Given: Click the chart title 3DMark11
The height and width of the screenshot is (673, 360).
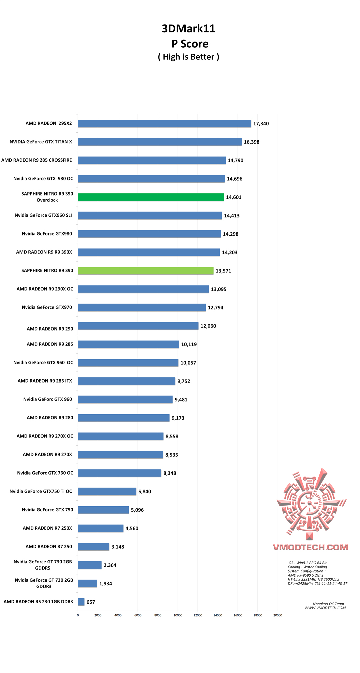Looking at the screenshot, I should (188, 29).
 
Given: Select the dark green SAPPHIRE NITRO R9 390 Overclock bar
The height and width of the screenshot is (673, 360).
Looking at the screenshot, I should (151, 197).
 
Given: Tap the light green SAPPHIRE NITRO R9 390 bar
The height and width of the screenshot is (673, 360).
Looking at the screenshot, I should (146, 271).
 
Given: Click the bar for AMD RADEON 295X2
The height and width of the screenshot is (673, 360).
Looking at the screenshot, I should (164, 124).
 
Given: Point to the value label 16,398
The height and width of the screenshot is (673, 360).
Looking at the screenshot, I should (251, 142).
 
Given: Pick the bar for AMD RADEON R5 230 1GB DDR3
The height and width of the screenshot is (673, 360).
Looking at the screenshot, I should (81, 602).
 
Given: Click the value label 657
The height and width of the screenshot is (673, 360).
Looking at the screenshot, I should (91, 602).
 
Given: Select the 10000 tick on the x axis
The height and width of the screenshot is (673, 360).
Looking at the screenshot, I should (178, 615).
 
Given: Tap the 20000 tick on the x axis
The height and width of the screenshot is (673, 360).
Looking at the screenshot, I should (278, 615).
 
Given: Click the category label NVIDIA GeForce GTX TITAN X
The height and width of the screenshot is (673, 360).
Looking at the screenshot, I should (41, 142).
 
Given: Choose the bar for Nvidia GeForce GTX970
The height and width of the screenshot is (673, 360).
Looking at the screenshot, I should (142, 307).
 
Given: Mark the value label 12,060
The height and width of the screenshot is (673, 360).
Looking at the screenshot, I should (208, 326).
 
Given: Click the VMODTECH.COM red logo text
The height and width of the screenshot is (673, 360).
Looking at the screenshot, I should (310, 547).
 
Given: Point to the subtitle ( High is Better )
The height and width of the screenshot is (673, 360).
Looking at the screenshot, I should (188, 57).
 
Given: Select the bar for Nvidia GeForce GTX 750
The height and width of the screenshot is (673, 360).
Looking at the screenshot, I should (103, 510).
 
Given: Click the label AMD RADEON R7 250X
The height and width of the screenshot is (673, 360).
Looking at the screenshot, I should (47, 528).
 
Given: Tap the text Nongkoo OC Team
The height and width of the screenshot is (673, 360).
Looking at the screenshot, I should (328, 604).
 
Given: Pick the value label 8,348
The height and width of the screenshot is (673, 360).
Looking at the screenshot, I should (170, 473).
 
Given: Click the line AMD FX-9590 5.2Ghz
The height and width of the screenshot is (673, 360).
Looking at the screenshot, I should (305, 575).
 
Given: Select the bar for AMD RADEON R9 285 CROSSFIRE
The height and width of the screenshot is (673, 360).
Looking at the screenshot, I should (152, 160).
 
